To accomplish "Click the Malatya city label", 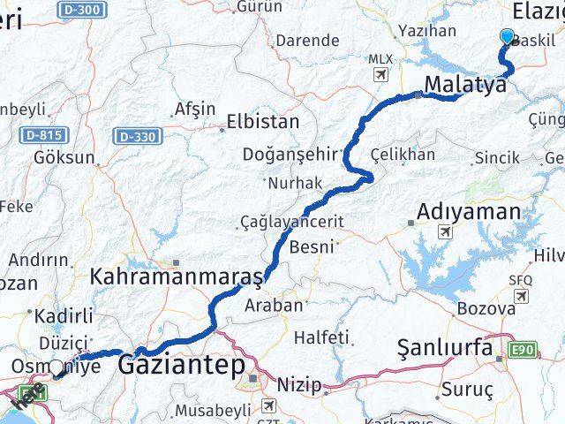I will tap(465, 86).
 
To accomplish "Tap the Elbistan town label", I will tap(263, 122).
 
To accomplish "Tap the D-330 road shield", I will tap(135, 136).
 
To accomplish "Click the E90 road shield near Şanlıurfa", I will tap(523, 351).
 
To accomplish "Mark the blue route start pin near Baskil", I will tap(507, 37).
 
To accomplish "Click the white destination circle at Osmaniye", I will tap(56, 367).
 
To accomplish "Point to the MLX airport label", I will tap(380, 59).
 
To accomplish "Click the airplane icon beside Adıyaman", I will tap(443, 231).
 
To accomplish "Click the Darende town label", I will tap(306, 41).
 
